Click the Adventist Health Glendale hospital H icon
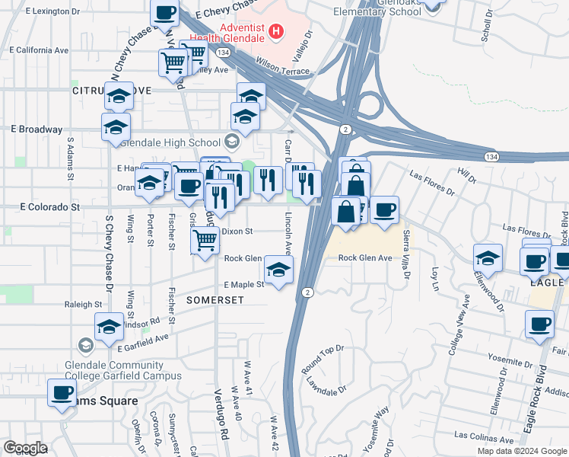(276, 34)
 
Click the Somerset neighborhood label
(215, 301)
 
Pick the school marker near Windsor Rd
(110, 327)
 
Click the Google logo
(25, 448)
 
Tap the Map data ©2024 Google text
(521, 451)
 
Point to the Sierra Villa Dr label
(407, 252)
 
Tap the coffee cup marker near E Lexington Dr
(165, 12)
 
